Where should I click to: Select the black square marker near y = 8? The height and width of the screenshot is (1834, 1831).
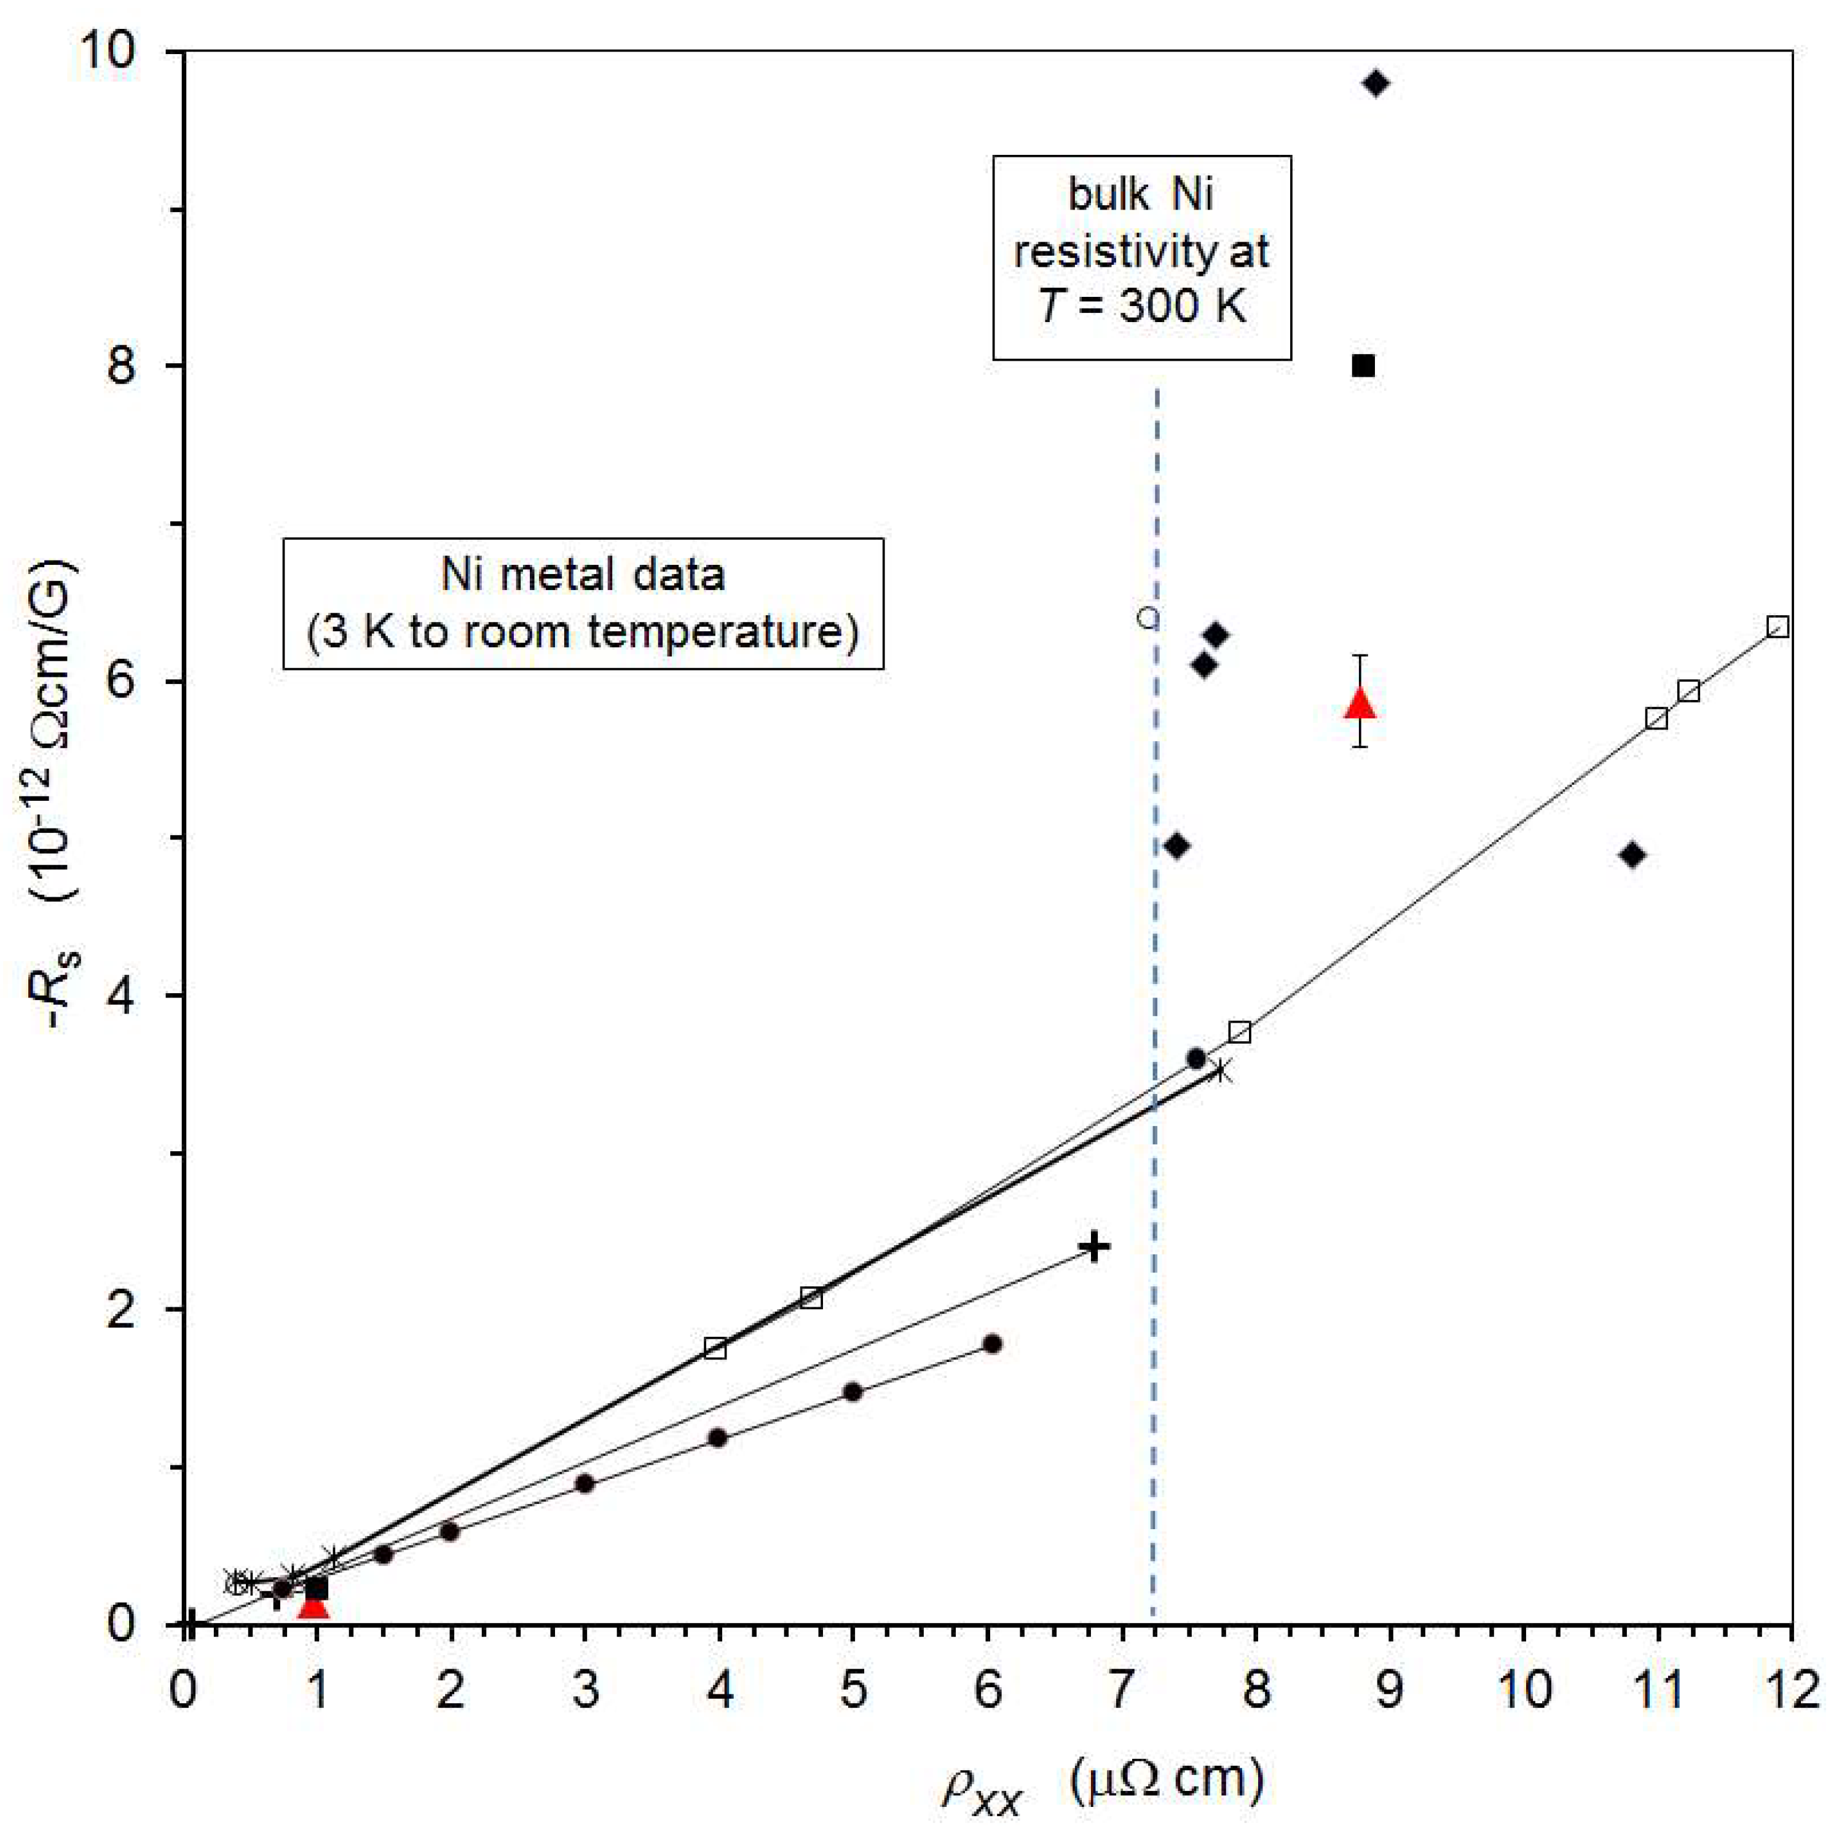[1363, 366]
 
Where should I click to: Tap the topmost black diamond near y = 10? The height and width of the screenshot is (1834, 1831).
[1376, 84]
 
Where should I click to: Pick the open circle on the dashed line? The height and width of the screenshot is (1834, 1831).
[1148, 618]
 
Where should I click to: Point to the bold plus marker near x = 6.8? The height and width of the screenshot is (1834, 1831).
[1095, 1246]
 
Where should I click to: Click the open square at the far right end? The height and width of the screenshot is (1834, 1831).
[1778, 626]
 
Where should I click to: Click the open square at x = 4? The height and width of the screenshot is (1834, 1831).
[715, 1348]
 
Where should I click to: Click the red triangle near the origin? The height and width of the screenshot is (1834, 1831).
[313, 1604]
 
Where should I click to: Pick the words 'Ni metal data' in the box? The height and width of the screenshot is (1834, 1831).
[583, 575]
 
